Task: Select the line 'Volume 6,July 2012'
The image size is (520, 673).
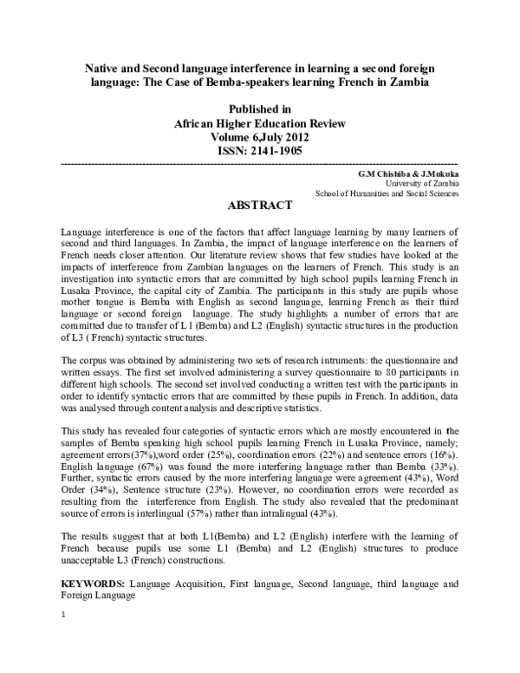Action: pos(260,137)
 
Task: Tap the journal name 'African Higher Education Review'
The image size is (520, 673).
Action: pos(260,123)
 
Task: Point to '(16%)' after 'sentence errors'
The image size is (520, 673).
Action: pos(440,454)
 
